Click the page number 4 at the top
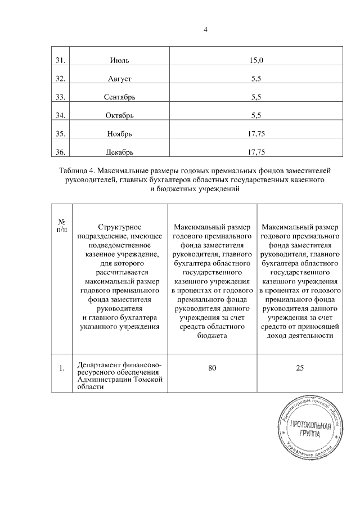click(206, 29)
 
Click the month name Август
click(120, 79)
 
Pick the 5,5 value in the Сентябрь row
click(256, 97)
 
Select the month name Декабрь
click(120, 152)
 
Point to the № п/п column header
click(62, 226)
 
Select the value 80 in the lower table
click(212, 368)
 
